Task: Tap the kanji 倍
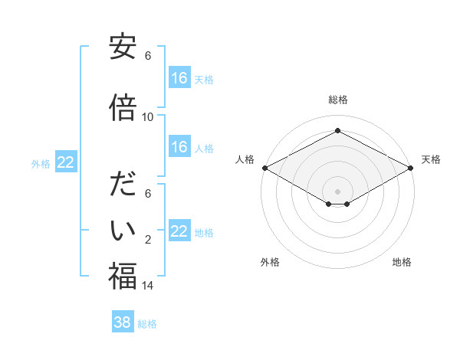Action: (123, 107)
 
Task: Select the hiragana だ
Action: (123, 186)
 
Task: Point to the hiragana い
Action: (123, 230)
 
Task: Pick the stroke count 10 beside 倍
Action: (148, 117)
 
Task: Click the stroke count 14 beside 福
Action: (148, 286)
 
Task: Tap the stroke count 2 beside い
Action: (148, 241)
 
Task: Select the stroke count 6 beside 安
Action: (148, 56)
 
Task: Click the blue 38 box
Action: (123, 322)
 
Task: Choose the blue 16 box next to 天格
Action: (179, 78)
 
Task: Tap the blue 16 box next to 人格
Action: (179, 147)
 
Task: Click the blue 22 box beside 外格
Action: (66, 162)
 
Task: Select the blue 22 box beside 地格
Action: (179, 231)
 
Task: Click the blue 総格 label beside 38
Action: (147, 323)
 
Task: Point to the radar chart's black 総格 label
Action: (337, 100)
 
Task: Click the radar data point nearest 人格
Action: (264, 168)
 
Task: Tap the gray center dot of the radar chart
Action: (337, 190)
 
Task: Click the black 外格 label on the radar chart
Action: (270, 263)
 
